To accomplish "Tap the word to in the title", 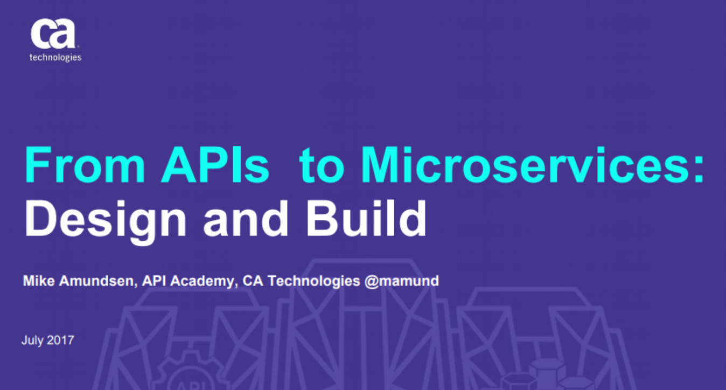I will tap(321, 165).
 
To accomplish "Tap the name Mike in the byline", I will tap(37, 281).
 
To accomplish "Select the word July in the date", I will tap(32, 340).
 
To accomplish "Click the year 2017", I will tap(60, 340).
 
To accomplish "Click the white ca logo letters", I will tap(52, 36).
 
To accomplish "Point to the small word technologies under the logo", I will tap(55, 58).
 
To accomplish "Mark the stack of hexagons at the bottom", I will tap(544, 374).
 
